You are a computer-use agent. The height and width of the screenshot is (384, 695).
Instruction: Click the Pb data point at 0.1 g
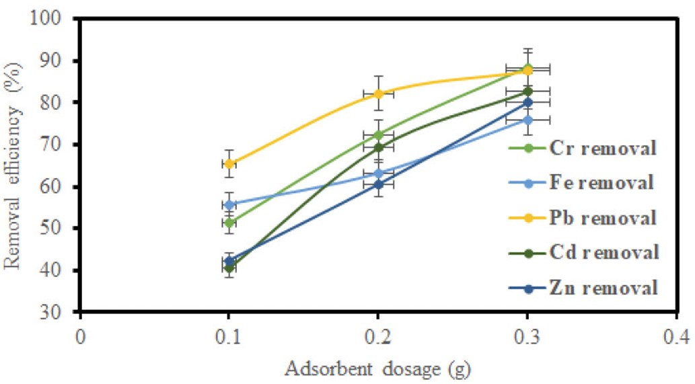pos(229,163)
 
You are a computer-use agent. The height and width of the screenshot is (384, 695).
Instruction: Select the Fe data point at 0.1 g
pos(229,204)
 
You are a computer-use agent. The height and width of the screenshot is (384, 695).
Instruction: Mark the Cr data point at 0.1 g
pos(229,223)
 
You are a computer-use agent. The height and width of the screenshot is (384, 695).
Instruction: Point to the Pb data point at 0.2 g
pos(378,93)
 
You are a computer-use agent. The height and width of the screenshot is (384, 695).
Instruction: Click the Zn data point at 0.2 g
pos(378,184)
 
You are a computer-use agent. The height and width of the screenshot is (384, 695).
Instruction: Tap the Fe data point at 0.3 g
pos(527,120)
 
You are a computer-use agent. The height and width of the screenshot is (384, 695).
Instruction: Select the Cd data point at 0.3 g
pos(527,91)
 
